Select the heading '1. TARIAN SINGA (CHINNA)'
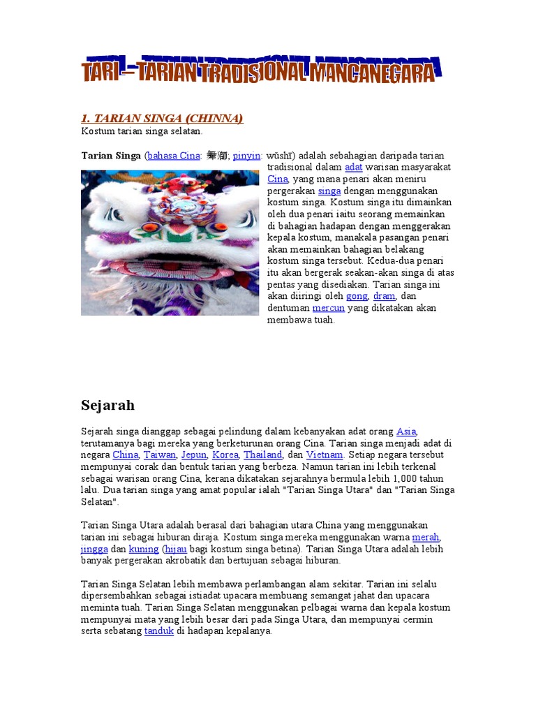[162, 119]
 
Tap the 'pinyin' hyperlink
[246, 155]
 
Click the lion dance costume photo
[170, 242]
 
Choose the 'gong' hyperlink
[357, 296]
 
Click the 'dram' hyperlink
[385, 296]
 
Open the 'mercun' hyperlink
[328, 308]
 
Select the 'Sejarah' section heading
[107, 405]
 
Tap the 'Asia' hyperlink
[406, 431]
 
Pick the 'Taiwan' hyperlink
[159, 455]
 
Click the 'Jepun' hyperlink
[194, 455]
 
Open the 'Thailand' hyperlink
[262, 455]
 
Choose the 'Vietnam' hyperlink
[325, 455]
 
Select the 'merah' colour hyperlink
[426, 536]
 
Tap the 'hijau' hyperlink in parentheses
[175, 548]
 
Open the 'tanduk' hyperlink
[158, 631]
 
